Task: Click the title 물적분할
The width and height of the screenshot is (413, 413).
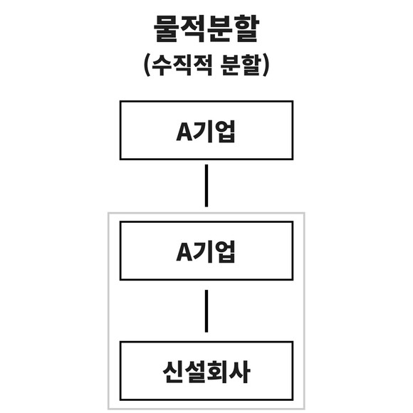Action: coord(206,28)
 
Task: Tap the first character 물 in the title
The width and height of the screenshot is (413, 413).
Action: coord(167,28)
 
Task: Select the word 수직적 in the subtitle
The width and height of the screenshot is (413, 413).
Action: coord(182,65)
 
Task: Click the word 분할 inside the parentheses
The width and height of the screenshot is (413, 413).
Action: coord(241,65)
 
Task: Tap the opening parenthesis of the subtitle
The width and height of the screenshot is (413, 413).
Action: coord(147,65)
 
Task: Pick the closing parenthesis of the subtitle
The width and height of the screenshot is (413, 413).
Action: coord(266,65)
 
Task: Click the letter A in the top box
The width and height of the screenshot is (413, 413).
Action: coord(184,132)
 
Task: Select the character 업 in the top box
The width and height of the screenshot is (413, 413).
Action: coord(224,131)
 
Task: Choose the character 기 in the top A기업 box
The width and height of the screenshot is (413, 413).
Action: coord(203,131)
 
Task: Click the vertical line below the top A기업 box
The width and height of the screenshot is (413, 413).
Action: coord(206,186)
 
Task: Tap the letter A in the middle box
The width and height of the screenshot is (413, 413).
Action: coord(184,252)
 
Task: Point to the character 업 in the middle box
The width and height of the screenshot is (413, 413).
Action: coord(224,252)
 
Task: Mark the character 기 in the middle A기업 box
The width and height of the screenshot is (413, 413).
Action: coord(203,252)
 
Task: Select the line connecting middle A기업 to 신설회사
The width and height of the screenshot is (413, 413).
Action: coord(206,311)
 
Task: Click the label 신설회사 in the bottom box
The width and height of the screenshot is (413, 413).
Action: coord(206,372)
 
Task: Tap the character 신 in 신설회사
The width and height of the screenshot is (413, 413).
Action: coord(173,372)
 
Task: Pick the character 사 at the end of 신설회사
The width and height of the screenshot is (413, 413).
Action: coord(239,372)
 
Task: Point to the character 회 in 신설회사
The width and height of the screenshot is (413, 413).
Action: coord(218,372)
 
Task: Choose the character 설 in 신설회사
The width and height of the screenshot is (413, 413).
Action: coord(195,372)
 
